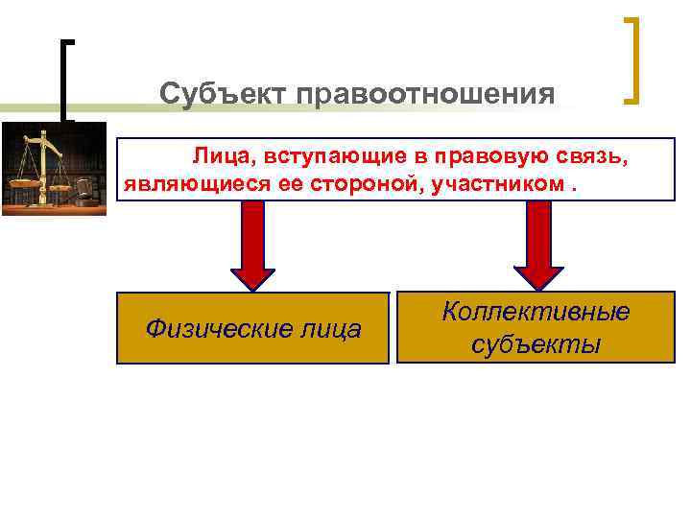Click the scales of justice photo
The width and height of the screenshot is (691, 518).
pos(54,168)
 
